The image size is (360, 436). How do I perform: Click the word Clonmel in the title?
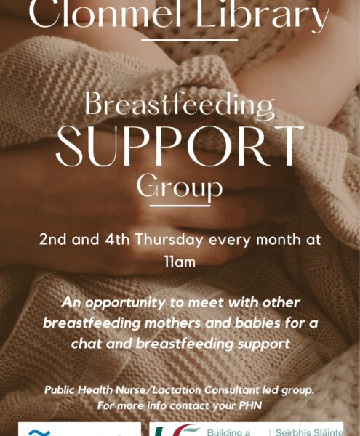[105, 14]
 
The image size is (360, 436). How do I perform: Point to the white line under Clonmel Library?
[190, 40]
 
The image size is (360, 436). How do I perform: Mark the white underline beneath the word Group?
[180, 206]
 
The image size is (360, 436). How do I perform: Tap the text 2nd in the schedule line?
[52, 239]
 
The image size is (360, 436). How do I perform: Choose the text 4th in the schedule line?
[117, 239]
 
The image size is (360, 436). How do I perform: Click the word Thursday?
[169, 240]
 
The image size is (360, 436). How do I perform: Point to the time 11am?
[180, 262]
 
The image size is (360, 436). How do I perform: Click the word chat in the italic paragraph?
[87, 344]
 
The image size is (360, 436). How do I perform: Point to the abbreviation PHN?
[250, 405]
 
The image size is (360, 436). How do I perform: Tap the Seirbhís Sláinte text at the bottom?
[309, 432]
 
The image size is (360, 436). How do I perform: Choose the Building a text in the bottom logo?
[228, 432]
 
